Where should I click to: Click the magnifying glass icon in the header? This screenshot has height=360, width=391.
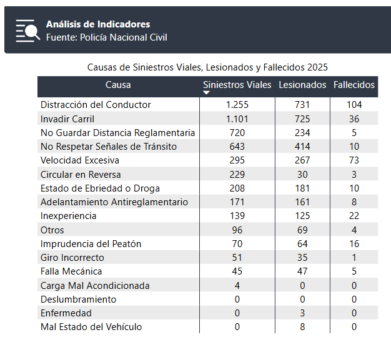click(27, 31)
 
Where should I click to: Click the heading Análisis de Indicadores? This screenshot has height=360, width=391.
click(98, 24)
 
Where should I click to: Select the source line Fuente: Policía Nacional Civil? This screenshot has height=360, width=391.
click(106, 37)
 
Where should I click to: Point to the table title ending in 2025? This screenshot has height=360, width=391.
click(207, 67)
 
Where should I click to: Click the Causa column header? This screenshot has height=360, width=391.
click(118, 85)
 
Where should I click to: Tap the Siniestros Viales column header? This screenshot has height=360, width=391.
click(237, 85)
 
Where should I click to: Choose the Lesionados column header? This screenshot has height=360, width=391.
click(302, 85)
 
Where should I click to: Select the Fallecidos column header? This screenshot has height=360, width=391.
click(354, 85)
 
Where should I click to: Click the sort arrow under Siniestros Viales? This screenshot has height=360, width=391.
click(206, 93)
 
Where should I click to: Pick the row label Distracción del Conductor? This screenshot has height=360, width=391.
click(96, 105)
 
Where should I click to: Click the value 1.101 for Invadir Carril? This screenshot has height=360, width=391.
click(237, 119)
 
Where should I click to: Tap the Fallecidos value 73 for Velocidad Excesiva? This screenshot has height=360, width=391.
click(354, 160)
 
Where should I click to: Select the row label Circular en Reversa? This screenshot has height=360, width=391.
click(81, 175)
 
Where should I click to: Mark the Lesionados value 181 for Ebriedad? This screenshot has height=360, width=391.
click(302, 188)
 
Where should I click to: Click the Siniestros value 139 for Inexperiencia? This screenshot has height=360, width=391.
click(237, 215)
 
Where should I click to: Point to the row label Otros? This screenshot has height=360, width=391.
click(52, 230)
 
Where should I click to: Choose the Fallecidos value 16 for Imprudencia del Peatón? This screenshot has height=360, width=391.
click(354, 244)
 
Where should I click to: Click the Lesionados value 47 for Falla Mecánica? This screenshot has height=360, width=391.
click(302, 271)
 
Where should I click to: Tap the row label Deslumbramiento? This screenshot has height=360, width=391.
click(78, 299)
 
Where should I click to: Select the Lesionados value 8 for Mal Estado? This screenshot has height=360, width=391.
click(302, 326)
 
